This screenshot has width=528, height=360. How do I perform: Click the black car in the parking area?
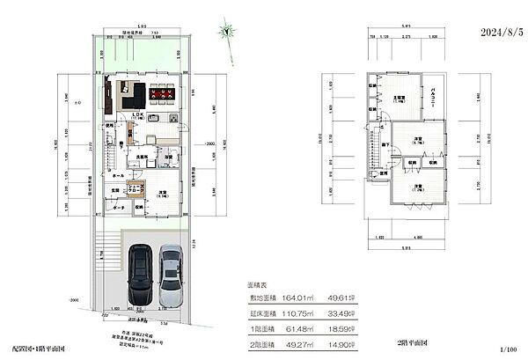click(x=140, y=275)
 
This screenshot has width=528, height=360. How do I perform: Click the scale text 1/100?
click(x=509, y=351)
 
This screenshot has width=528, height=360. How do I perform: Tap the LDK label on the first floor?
click(x=137, y=114)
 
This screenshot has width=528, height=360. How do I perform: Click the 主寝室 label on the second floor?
click(x=398, y=98)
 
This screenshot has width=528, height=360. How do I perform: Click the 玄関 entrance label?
click(x=115, y=190)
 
